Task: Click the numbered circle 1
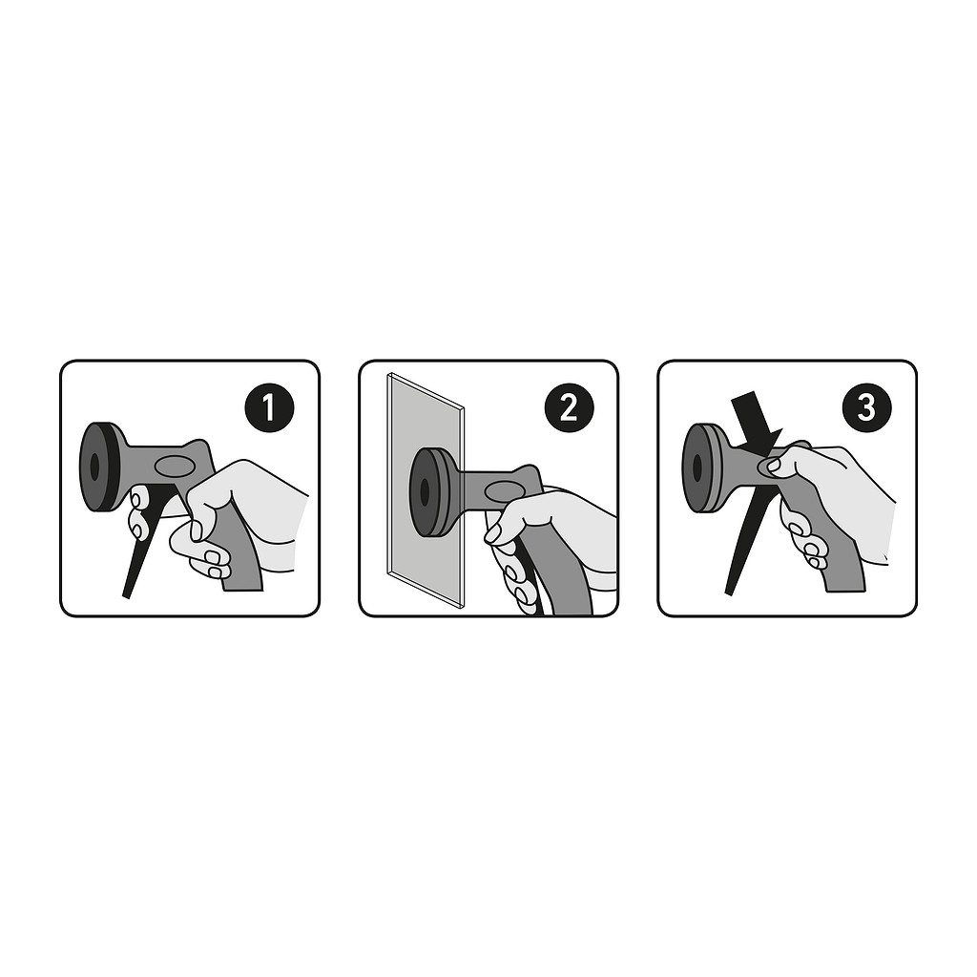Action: click(269, 408)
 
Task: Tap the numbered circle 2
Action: click(569, 408)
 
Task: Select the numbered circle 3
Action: click(866, 408)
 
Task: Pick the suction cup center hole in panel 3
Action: click(697, 468)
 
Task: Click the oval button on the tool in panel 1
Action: click(176, 466)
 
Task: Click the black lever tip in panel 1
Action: click(127, 595)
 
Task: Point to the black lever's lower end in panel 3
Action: click(729, 591)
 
